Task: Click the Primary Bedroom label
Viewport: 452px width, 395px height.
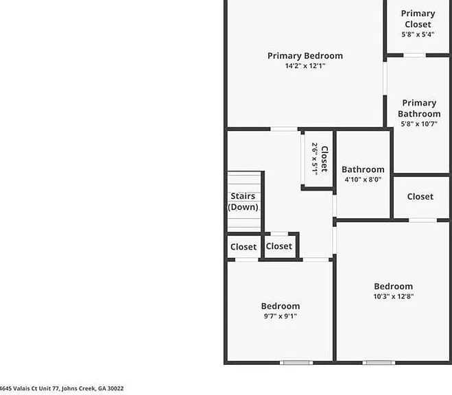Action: click(x=305, y=56)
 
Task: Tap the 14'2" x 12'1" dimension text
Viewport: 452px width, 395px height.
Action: click(x=305, y=66)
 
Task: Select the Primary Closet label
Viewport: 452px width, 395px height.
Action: click(x=418, y=19)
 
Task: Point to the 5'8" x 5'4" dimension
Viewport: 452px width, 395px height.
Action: click(x=418, y=34)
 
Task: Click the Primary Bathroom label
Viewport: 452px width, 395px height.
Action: click(x=419, y=108)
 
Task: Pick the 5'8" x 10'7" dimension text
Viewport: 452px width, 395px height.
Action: click(x=419, y=124)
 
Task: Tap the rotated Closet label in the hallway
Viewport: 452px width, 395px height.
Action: click(x=324, y=159)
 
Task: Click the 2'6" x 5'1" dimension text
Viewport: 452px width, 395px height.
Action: click(x=315, y=159)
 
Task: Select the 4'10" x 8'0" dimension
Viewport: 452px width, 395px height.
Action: click(x=363, y=180)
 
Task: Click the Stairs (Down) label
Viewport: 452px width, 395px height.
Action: click(x=243, y=202)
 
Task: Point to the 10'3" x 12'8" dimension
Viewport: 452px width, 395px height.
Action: click(x=394, y=296)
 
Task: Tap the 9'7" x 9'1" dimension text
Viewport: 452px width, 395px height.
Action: click(x=281, y=316)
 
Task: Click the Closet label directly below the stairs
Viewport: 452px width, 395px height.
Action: click(x=243, y=247)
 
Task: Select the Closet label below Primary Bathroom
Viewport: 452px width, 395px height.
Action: click(x=420, y=197)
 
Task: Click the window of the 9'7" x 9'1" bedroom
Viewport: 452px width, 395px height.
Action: click(x=296, y=363)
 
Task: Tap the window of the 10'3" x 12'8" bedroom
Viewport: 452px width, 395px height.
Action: click(x=379, y=363)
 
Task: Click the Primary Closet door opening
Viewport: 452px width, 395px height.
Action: click(x=414, y=56)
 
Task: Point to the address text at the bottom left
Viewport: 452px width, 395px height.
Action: click(x=62, y=388)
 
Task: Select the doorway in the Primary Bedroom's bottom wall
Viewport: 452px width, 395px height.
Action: click(x=284, y=129)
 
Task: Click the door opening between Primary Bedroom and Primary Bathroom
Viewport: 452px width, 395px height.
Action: click(x=385, y=78)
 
